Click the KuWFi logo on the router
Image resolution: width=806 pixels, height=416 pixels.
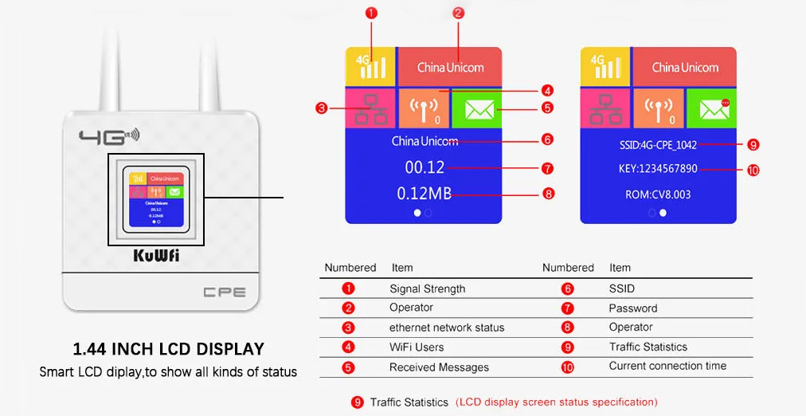[x=156, y=257]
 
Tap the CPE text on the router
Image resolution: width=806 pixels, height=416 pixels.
[x=225, y=292]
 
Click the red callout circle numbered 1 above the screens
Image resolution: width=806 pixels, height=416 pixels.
[x=371, y=13]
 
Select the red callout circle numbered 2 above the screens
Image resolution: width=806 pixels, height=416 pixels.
[x=458, y=13]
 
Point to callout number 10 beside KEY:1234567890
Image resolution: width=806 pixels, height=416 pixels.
[x=753, y=169]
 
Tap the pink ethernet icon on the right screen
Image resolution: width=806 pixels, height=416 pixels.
[x=605, y=108]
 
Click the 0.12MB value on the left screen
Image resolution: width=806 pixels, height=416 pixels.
[x=424, y=193]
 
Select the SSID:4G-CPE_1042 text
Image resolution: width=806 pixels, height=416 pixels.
[x=657, y=145]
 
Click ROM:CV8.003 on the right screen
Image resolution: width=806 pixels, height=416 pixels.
[x=657, y=194]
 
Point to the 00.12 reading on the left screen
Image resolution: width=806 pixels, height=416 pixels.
[x=424, y=168]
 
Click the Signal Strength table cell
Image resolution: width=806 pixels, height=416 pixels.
[x=427, y=288]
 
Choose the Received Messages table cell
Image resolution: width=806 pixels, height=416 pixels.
[x=439, y=367]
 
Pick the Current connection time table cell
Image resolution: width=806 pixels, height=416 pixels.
[x=667, y=366]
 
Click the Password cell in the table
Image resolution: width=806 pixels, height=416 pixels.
[x=632, y=308]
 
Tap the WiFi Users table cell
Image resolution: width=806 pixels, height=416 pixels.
[x=416, y=347]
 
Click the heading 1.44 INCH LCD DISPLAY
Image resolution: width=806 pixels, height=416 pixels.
[x=168, y=349]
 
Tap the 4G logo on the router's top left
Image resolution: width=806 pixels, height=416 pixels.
[x=108, y=137]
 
